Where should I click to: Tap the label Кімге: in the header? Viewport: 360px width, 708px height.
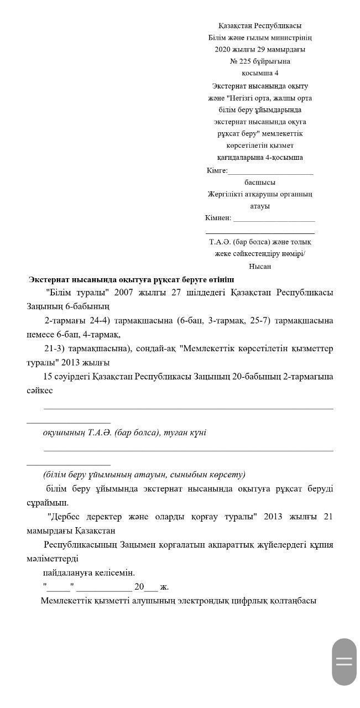[x=217, y=170]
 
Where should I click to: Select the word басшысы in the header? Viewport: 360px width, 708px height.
[x=260, y=183]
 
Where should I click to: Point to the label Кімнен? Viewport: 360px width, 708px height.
[x=218, y=218]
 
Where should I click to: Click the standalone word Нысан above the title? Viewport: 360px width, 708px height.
[x=260, y=267]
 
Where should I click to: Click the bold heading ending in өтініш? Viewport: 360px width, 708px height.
[x=131, y=280]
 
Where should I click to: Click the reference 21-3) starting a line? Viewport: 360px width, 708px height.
[x=54, y=349]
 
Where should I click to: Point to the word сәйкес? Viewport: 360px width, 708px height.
[x=40, y=391]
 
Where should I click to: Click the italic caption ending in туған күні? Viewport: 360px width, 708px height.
[x=124, y=433]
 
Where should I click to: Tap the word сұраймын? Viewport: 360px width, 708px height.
[x=48, y=503]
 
